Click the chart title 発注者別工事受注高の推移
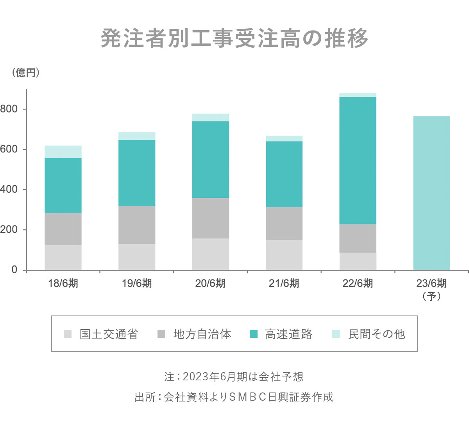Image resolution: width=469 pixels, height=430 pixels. point(234,38)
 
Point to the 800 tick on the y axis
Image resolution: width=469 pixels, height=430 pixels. point(9,109)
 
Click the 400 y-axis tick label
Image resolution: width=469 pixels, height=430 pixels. point(9,190)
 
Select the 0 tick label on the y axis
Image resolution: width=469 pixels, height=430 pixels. point(14,270)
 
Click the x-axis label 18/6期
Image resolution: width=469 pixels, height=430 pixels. point(63,283)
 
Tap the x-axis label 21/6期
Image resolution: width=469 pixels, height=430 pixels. point(284,283)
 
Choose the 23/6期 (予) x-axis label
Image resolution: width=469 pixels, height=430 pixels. point(431,289)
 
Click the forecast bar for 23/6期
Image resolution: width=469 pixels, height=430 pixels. point(431,193)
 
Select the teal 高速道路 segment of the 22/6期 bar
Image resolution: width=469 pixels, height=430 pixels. point(358,160)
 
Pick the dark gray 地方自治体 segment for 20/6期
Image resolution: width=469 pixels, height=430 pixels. point(210,218)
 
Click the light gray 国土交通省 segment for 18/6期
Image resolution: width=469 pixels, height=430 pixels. point(63,257)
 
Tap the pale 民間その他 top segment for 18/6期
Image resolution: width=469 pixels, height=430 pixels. point(63,152)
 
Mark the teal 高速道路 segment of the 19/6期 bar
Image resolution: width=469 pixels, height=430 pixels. point(137,173)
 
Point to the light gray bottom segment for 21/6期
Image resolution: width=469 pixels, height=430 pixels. point(284,254)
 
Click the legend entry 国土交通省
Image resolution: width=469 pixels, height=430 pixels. point(109,334)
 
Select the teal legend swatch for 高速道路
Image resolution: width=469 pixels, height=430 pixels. point(254,334)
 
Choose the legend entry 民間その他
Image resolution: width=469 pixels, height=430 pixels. point(376,334)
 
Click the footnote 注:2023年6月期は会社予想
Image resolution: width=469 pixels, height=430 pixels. point(234,376)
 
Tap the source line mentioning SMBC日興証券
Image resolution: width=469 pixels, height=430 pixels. point(234,397)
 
